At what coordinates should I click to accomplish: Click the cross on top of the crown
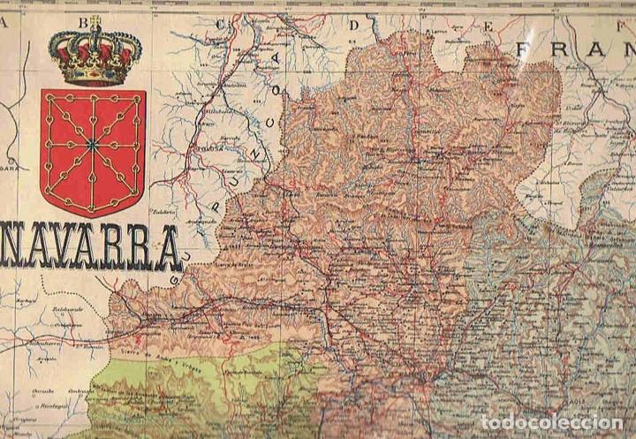point(95,20)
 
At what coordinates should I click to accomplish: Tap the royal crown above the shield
point(95,55)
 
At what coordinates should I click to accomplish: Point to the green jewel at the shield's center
point(92,142)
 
